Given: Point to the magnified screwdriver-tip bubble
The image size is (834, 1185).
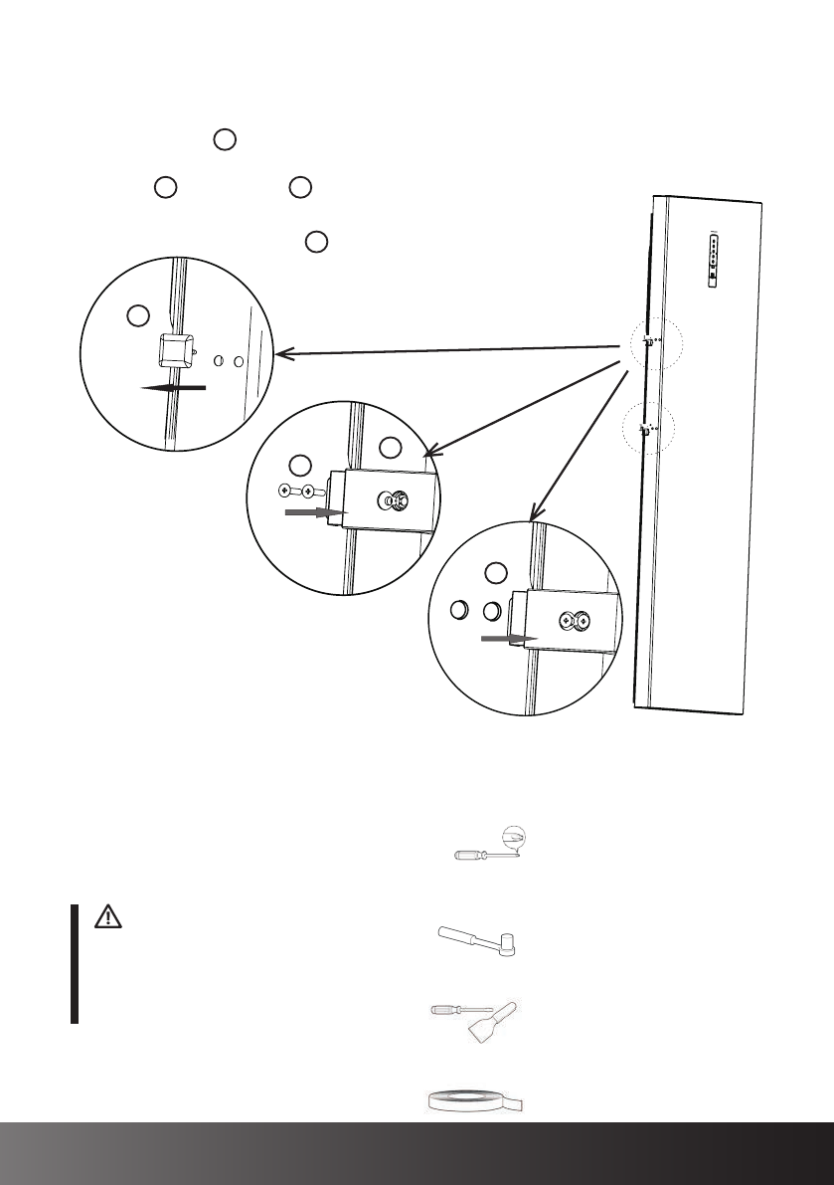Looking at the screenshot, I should (517, 840).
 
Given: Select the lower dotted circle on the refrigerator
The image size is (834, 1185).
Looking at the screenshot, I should (651, 430).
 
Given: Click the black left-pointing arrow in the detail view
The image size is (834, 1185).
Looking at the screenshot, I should (174, 388).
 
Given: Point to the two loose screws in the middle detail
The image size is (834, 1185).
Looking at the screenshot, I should (297, 491).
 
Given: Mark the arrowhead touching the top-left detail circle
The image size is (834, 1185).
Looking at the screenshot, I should (281, 353).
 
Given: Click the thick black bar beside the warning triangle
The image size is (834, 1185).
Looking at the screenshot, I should (75, 964).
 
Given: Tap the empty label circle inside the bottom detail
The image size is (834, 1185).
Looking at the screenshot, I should (496, 573).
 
